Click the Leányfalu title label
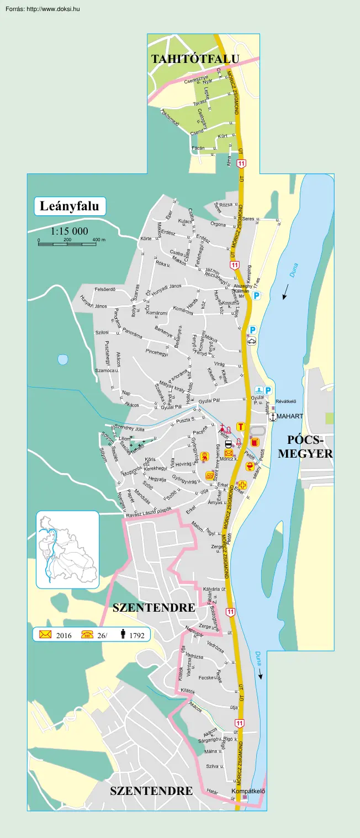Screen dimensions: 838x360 click(70, 206)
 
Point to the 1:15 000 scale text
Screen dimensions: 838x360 click(69, 231)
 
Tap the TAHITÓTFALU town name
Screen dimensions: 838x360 click(195, 59)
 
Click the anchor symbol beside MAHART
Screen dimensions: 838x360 click(272, 416)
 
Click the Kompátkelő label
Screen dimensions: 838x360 click(248, 791)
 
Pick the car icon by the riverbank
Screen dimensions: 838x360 click(252, 341)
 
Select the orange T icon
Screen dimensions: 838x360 click(240, 426)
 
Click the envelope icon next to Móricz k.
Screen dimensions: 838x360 click(229, 453)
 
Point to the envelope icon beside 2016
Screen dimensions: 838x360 click(45, 635)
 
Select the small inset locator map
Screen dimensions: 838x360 click(67, 550)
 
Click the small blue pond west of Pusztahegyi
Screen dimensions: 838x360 click(63, 359)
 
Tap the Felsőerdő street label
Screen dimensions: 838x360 click(105, 289)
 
